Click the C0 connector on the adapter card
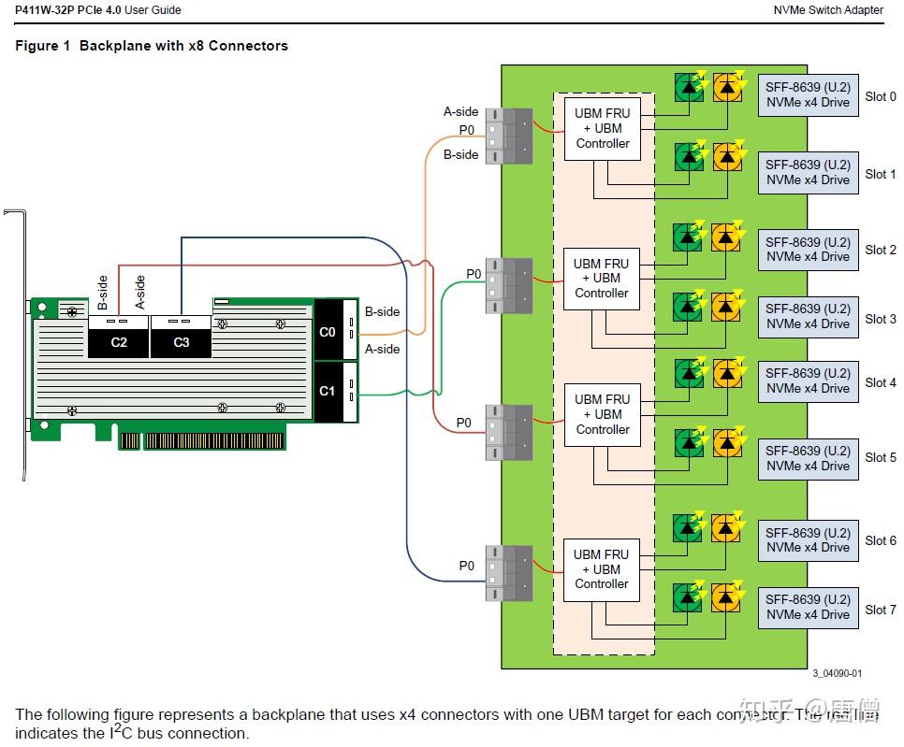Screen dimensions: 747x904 pyautogui.click(x=327, y=331)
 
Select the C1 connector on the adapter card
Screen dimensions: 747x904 pyautogui.click(x=327, y=391)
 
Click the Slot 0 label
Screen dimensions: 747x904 pyautogui.click(x=880, y=96)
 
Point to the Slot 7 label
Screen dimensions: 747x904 pyautogui.click(x=880, y=610)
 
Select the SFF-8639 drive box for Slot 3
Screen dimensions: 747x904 pyautogui.click(x=808, y=316)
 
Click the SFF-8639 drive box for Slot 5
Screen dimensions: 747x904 pyautogui.click(x=808, y=458)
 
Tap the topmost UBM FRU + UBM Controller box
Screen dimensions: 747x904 pyautogui.click(x=603, y=128)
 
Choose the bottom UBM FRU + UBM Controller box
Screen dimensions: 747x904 pyautogui.click(x=602, y=568)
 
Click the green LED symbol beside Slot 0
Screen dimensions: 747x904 pyautogui.click(x=691, y=88)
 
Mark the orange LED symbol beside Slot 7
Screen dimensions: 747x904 pyautogui.click(x=728, y=596)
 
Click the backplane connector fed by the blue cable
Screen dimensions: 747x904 pyautogui.click(x=509, y=573)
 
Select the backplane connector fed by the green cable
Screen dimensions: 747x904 pyautogui.click(x=509, y=285)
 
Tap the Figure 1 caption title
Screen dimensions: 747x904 pyautogui.click(x=152, y=46)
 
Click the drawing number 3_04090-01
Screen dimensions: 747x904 pyautogui.click(x=837, y=673)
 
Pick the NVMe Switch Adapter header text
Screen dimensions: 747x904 pyautogui.click(x=828, y=10)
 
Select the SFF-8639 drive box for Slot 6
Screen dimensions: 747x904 pyautogui.click(x=808, y=540)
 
